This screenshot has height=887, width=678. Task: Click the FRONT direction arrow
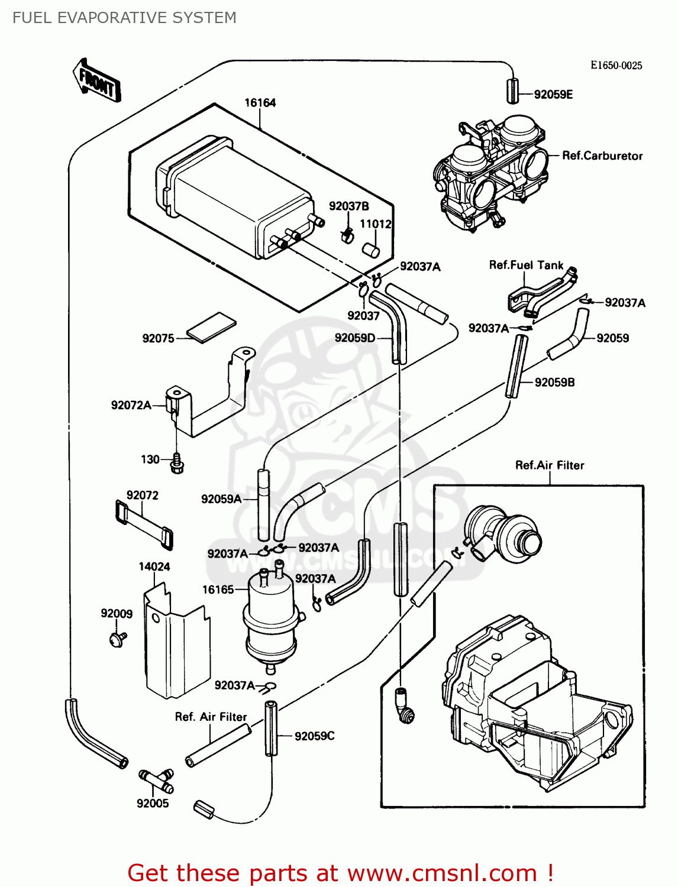pyautogui.click(x=97, y=82)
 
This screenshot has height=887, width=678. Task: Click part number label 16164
pyautogui.click(x=260, y=103)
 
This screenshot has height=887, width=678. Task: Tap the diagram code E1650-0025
pyautogui.click(x=616, y=66)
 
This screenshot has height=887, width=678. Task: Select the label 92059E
pyautogui.click(x=553, y=95)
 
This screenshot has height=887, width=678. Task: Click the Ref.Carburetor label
pyautogui.click(x=602, y=156)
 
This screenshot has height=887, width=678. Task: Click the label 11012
pyautogui.click(x=376, y=224)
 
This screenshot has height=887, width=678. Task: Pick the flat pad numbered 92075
pyautogui.click(x=211, y=327)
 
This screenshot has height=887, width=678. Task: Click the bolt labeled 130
pyautogui.click(x=177, y=463)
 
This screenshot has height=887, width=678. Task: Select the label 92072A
pyautogui.click(x=131, y=405)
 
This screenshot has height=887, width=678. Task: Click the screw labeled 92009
pyautogui.click(x=118, y=638)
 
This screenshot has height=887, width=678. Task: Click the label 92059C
pyautogui.click(x=314, y=736)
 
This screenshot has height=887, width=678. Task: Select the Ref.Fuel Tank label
pyautogui.click(x=526, y=266)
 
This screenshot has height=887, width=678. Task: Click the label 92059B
pyautogui.click(x=554, y=383)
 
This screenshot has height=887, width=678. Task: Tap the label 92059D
pyautogui.click(x=354, y=338)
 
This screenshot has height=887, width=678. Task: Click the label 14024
pyautogui.click(x=154, y=566)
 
